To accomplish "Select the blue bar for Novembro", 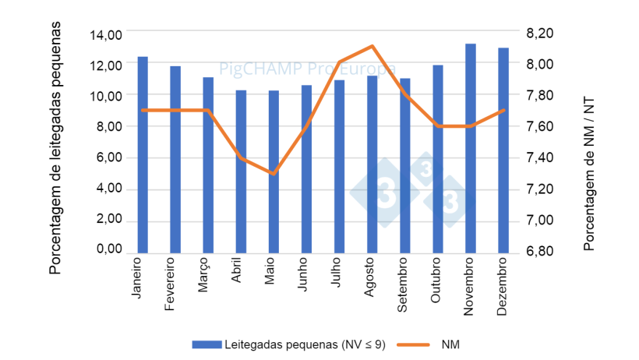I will pyautogui.click(x=471, y=148).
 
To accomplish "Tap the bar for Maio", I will pyautogui.click(x=274, y=171).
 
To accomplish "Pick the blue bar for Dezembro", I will pyautogui.click(x=503, y=150).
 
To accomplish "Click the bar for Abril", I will pyautogui.click(x=241, y=171).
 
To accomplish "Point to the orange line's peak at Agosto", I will pyautogui.click(x=372, y=46).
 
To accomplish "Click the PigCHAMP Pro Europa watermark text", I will pyautogui.click(x=307, y=69).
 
